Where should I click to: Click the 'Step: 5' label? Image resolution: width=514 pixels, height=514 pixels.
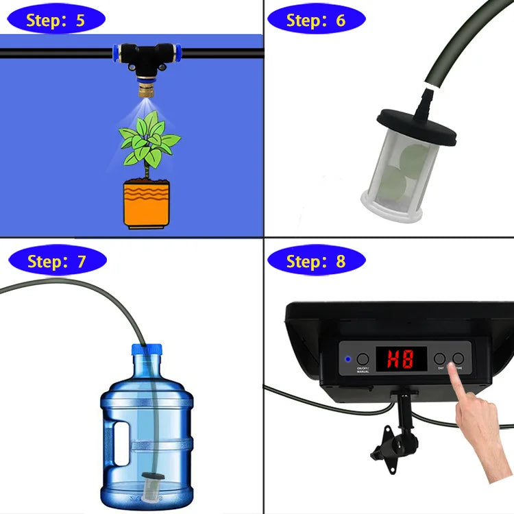[x=56, y=19]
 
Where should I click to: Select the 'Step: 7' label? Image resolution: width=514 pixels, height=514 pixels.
[x=57, y=261]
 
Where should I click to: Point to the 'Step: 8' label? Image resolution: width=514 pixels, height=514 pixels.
[x=316, y=261]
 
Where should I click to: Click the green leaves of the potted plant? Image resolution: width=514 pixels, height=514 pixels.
[x=147, y=140]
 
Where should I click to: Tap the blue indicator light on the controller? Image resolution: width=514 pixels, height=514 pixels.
[x=347, y=358]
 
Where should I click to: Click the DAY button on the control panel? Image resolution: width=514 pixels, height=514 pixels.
[x=440, y=358]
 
